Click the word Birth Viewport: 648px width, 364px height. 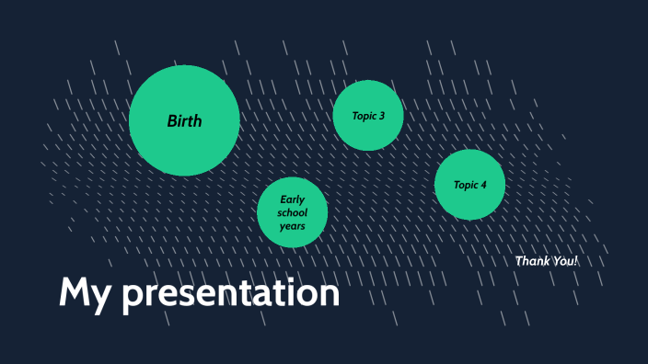click(184, 120)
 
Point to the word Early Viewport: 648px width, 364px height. click(293, 199)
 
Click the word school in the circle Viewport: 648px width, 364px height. click(293, 212)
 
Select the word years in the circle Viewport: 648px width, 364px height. click(293, 226)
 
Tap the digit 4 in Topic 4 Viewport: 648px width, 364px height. click(483, 185)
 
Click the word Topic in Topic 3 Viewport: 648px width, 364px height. click(364, 116)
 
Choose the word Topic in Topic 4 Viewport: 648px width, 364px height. click(465, 185)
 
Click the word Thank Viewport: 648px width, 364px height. click(531, 261)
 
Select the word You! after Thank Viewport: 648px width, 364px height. click(564, 261)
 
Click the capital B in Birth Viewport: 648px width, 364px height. click(171, 120)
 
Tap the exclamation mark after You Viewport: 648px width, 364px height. click(576, 261)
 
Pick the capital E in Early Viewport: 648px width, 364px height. click(283, 199)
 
